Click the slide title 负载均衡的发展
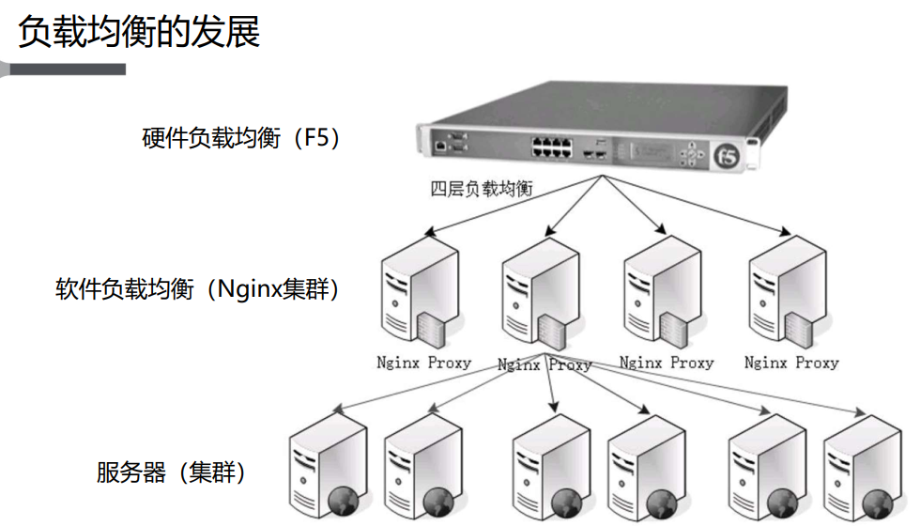click(x=139, y=31)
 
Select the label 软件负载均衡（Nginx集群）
click(x=198, y=288)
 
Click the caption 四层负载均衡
click(x=482, y=189)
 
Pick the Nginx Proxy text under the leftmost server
click(x=423, y=362)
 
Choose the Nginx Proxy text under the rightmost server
click(x=790, y=362)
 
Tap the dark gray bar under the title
click(x=66, y=69)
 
